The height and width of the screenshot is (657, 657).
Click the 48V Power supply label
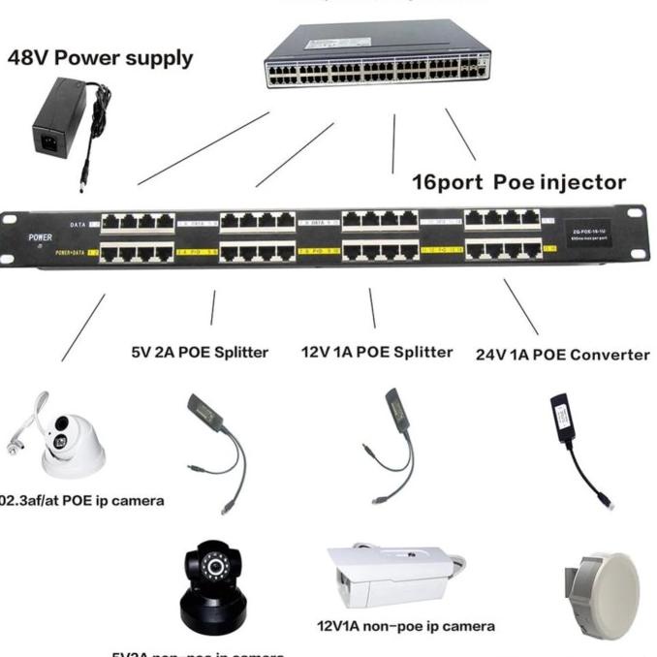[100, 57]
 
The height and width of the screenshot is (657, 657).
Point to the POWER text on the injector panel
[40, 236]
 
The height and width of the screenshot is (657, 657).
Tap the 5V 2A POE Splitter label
[200, 352]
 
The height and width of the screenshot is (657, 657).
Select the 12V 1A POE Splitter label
[377, 352]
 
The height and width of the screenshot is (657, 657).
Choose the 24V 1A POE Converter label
[562, 355]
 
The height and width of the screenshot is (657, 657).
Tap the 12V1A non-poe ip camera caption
[405, 626]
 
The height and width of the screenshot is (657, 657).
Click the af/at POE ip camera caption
[81, 501]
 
